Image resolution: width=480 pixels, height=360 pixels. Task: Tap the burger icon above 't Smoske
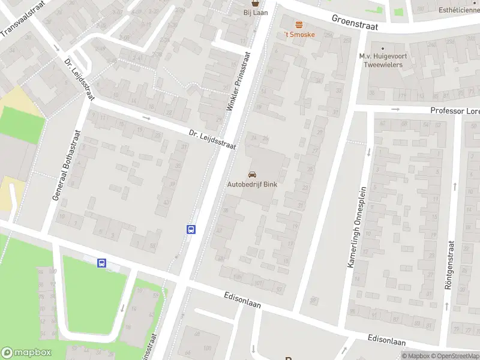(299, 23)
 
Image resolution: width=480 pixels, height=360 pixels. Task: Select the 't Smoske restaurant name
(299, 34)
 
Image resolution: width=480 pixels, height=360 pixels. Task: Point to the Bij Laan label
(255, 13)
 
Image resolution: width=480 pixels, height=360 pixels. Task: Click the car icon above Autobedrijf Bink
(251, 174)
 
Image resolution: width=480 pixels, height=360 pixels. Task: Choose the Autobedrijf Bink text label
(252, 185)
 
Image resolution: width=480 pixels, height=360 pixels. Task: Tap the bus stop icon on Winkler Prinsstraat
(191, 229)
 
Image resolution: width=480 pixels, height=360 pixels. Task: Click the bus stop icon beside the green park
(101, 263)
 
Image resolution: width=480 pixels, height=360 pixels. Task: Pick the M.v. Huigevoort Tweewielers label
(381, 60)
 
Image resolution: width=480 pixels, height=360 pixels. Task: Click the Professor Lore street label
(454, 111)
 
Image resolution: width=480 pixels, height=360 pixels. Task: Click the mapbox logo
(26, 353)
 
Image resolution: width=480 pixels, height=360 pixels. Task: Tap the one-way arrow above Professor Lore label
(395, 109)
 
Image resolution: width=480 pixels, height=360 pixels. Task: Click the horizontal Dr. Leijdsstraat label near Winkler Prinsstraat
(212, 139)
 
